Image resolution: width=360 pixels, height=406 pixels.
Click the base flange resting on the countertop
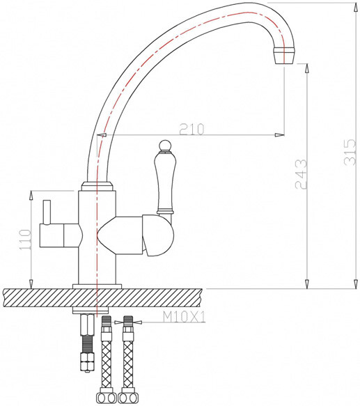tap(98, 286)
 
